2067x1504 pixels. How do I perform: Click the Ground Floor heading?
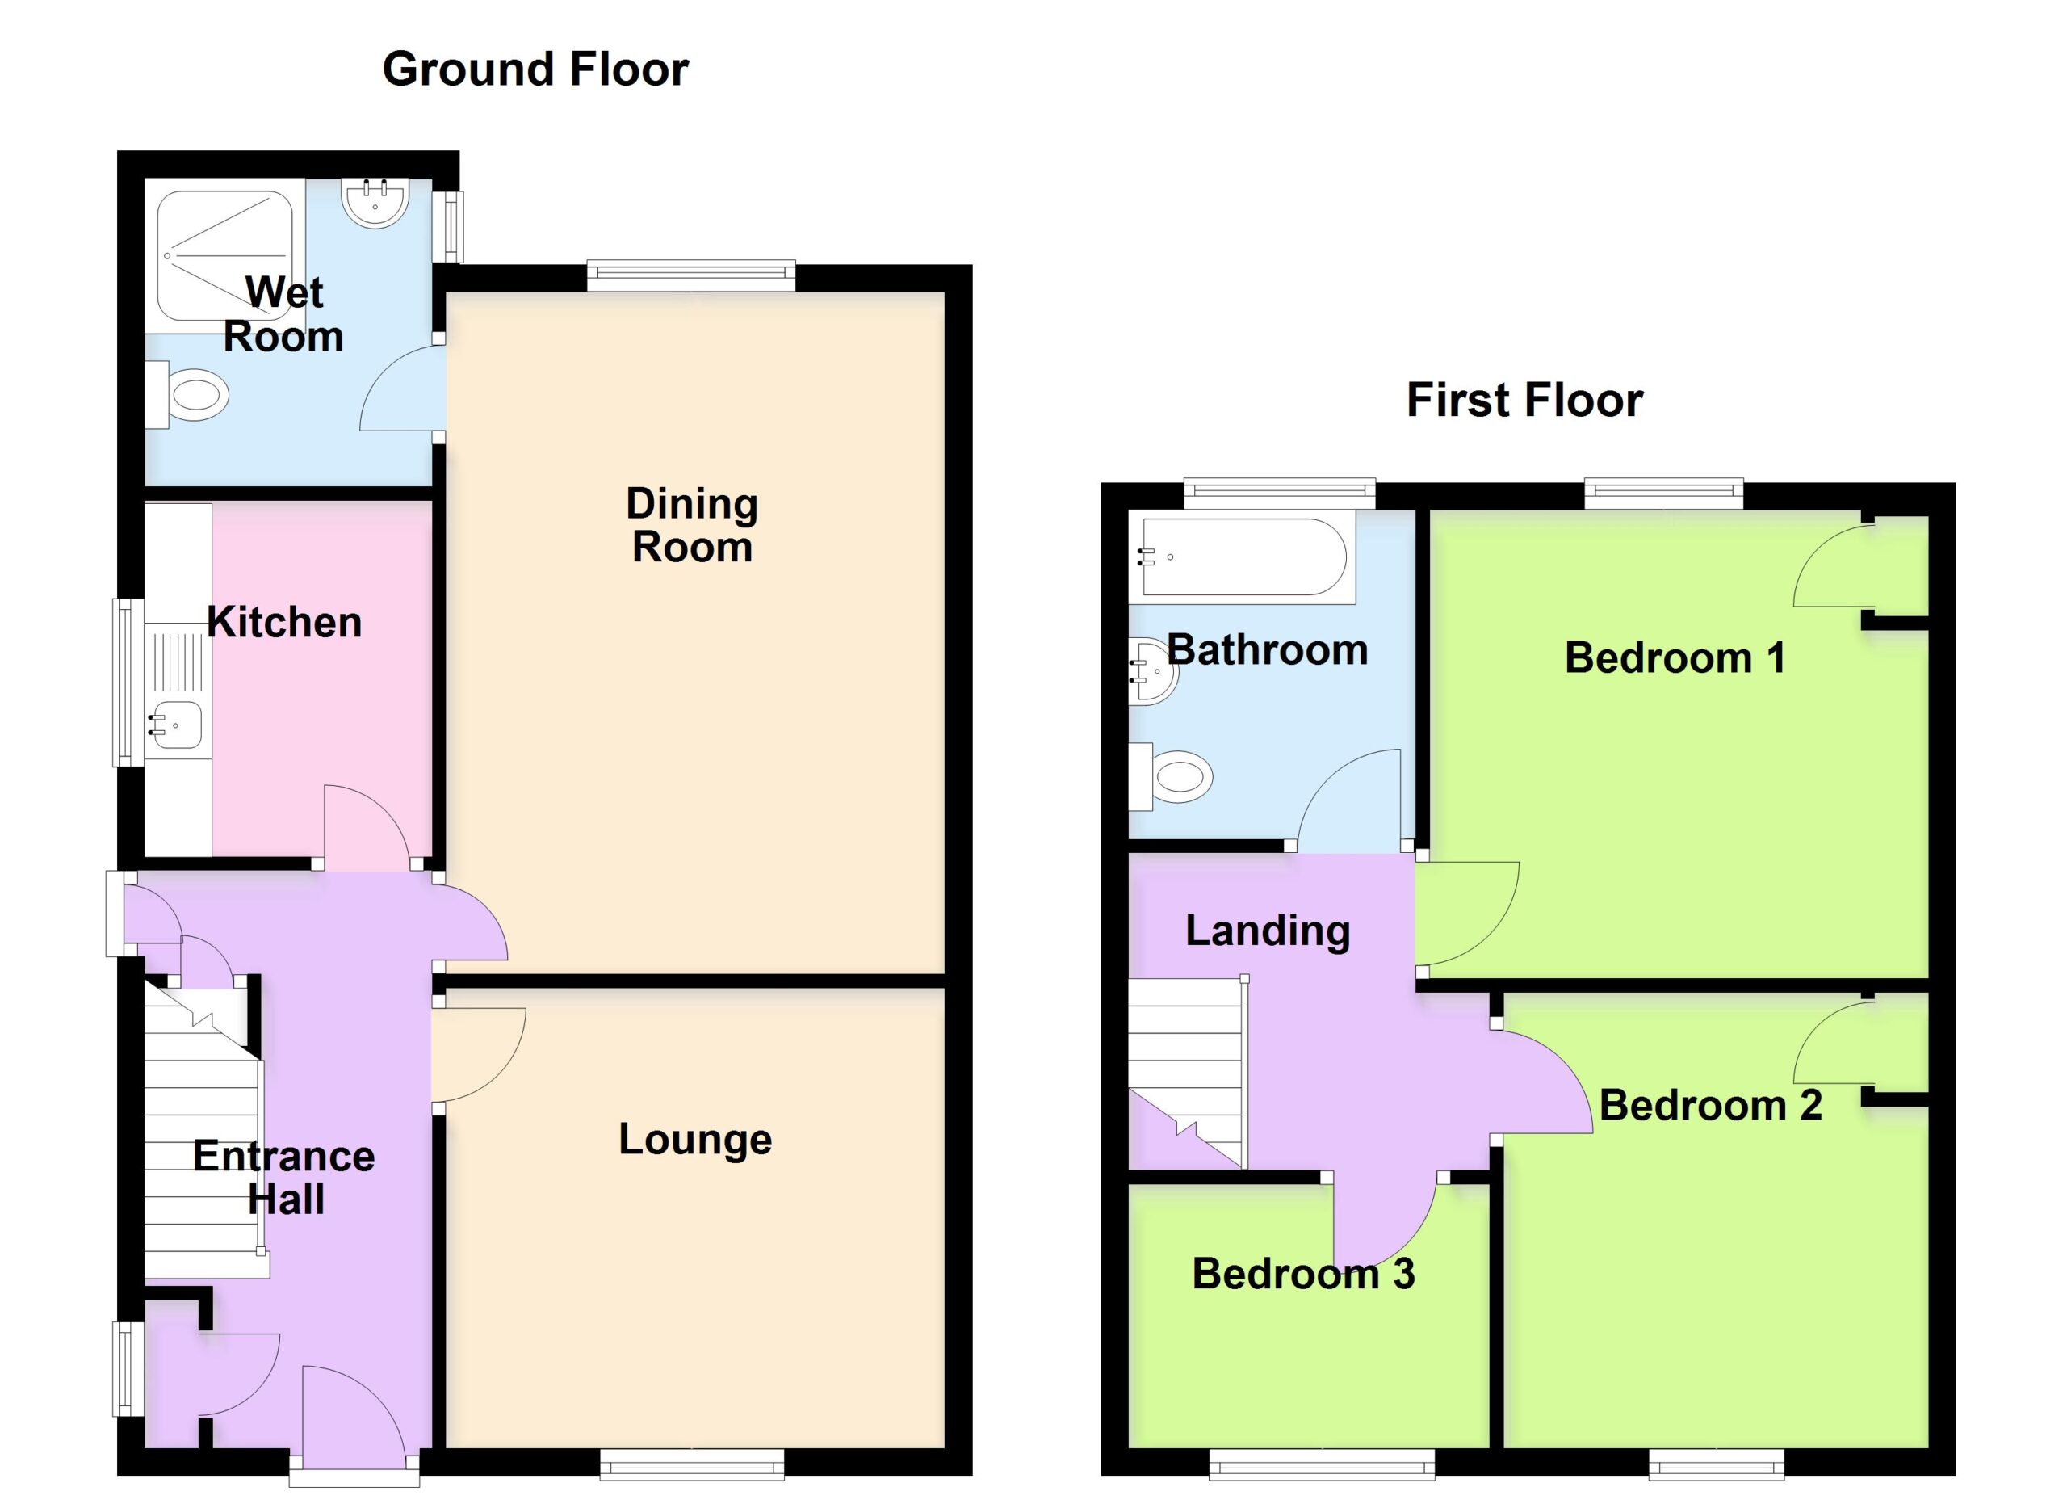[x=535, y=69]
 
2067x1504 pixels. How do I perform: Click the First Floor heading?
[x=1524, y=400]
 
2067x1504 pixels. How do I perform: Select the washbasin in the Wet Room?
[x=375, y=203]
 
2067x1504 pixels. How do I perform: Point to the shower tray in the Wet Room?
[x=225, y=256]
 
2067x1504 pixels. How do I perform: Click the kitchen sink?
[x=175, y=725]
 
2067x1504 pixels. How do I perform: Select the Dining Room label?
[x=693, y=525]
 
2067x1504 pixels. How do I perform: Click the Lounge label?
[x=695, y=1140]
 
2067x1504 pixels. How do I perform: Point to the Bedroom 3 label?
[x=1303, y=1275]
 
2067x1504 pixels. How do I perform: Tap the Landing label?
[x=1268, y=931]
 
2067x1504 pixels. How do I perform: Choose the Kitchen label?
[x=284, y=623]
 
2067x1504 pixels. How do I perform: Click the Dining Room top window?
[x=691, y=275]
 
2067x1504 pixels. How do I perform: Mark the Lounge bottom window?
[x=692, y=1464]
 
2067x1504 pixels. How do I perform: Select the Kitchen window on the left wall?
[x=128, y=683]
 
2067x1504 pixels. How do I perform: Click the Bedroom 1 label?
[x=1675, y=658]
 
